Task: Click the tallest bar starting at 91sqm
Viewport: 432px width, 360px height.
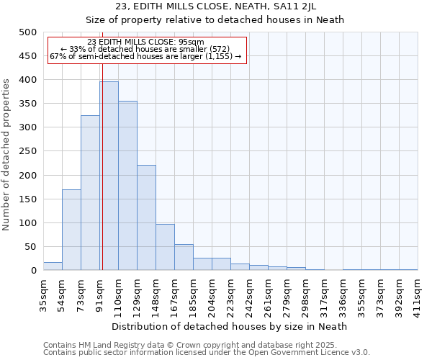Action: [x=109, y=176]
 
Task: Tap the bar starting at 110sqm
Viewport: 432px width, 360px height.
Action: [x=127, y=186]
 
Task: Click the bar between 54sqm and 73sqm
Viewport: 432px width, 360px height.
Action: [x=71, y=230]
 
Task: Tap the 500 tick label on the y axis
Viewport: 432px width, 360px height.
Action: [x=27, y=32]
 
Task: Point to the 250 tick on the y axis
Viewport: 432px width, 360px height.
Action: [x=27, y=151]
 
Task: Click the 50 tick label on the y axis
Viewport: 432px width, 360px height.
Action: [x=30, y=247]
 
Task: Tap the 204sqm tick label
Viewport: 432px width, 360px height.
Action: [x=212, y=293]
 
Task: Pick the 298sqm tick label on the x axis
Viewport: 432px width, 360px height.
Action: [x=305, y=293]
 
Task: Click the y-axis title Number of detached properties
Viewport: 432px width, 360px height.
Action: [x=7, y=151]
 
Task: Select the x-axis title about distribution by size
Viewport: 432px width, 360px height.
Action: [x=230, y=326]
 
